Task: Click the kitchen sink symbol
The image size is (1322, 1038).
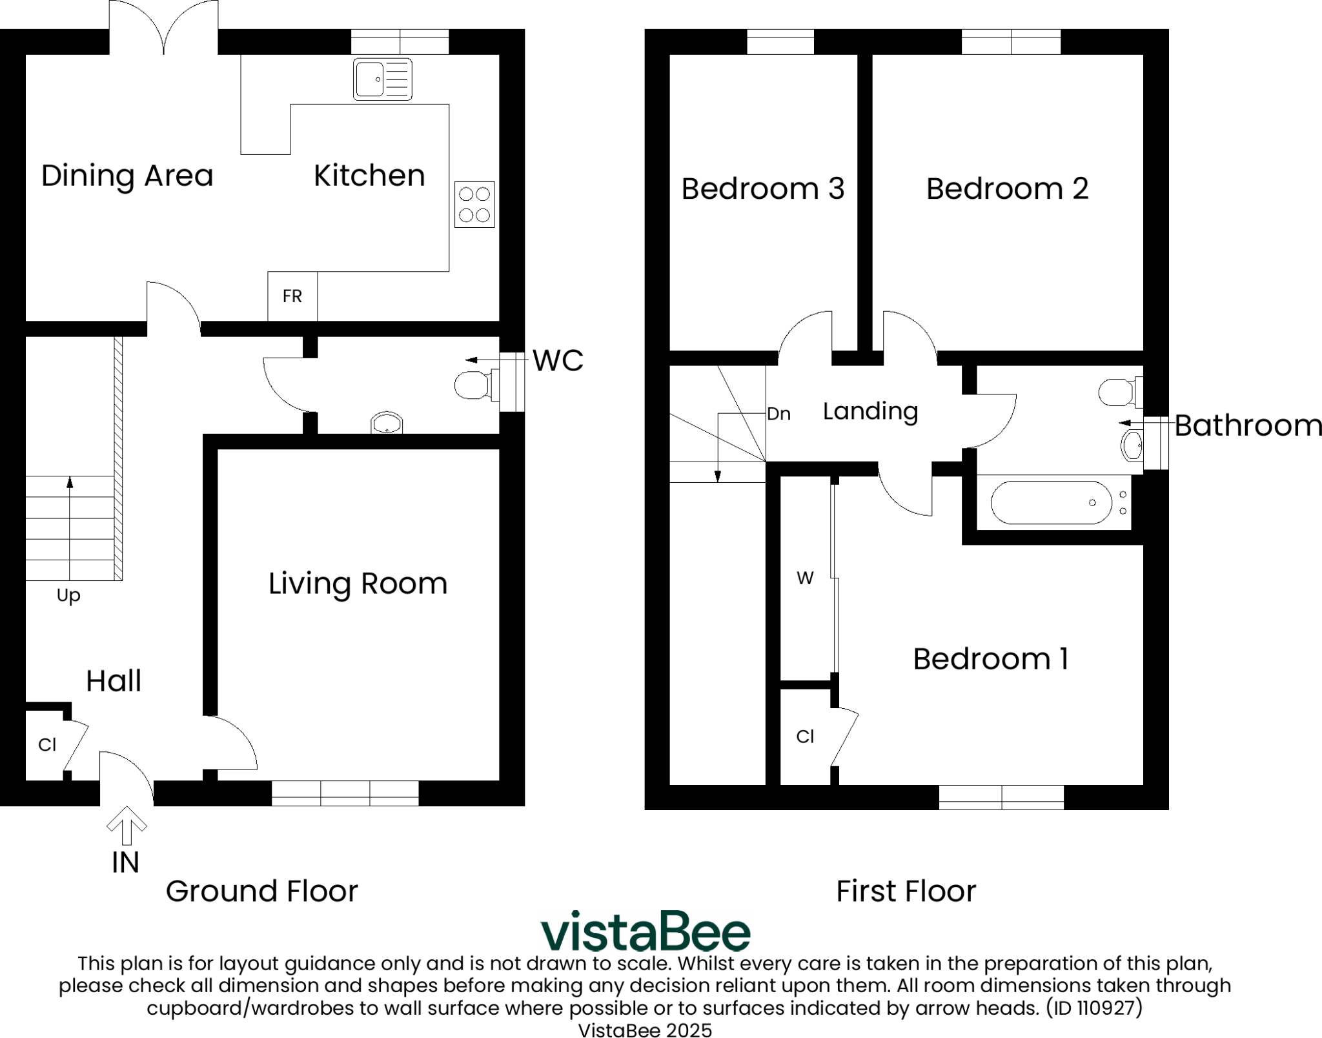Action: (x=382, y=79)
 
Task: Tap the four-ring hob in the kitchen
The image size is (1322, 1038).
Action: (x=474, y=204)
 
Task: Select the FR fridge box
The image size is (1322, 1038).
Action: (x=292, y=296)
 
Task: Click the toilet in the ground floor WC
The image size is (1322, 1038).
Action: (x=473, y=385)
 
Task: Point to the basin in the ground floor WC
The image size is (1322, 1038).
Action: (x=387, y=423)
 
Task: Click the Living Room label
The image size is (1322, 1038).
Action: (x=358, y=584)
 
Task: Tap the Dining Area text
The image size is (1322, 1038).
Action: (x=127, y=176)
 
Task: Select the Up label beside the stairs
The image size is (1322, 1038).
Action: (x=68, y=595)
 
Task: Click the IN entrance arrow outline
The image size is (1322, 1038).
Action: (x=127, y=826)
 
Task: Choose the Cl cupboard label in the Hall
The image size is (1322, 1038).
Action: (x=47, y=745)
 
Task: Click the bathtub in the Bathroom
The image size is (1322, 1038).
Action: (x=1051, y=502)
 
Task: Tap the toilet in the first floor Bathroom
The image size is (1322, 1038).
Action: (x=1118, y=392)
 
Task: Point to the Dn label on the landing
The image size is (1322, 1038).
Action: (x=778, y=414)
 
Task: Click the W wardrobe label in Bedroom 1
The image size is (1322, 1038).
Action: (x=805, y=578)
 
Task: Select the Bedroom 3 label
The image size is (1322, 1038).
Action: (x=762, y=188)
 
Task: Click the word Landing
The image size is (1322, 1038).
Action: (x=870, y=411)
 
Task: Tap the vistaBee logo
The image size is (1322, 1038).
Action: (x=645, y=932)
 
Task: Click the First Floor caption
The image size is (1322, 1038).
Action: (x=906, y=891)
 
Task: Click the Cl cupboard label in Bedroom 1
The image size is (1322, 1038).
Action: (x=805, y=737)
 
